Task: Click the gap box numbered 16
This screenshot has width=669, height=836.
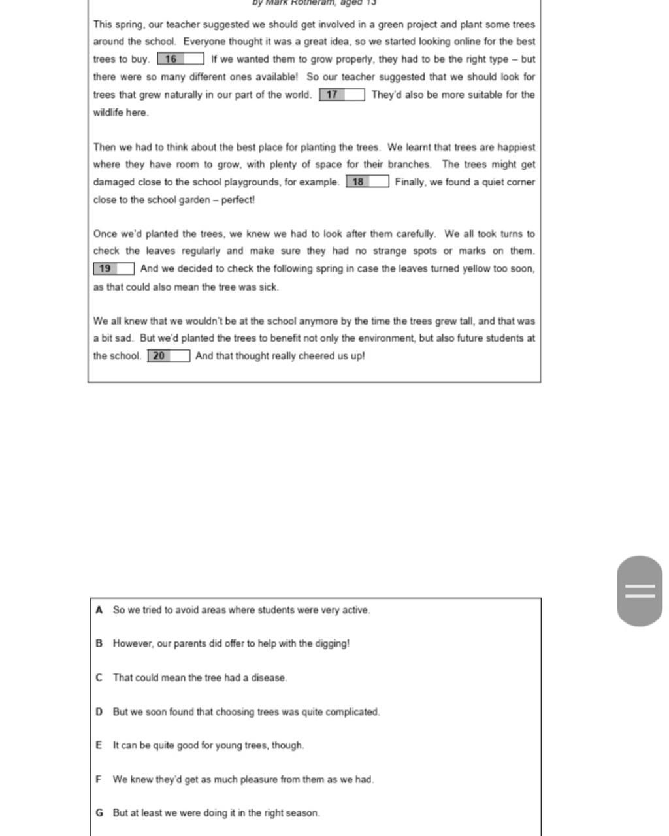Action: point(180,59)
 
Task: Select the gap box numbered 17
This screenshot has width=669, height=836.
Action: point(342,95)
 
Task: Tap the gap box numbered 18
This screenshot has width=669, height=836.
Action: point(367,182)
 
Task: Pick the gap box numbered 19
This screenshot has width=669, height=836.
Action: point(114,269)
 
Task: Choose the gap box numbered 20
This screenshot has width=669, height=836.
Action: point(169,356)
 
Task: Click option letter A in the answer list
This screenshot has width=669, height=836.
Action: point(99,610)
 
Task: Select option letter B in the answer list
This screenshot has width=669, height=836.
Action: point(99,643)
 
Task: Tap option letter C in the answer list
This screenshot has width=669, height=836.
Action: point(99,678)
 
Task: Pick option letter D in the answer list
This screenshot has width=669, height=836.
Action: point(99,712)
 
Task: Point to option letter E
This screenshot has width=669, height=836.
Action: point(99,745)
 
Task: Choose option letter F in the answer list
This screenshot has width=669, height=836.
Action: point(99,779)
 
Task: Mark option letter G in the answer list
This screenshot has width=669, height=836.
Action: point(99,813)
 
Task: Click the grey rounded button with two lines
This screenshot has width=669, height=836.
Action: point(640,591)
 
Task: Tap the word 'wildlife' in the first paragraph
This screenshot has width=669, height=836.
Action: point(109,112)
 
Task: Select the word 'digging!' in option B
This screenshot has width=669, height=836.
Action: point(333,644)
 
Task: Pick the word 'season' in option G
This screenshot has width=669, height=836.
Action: point(304,813)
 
